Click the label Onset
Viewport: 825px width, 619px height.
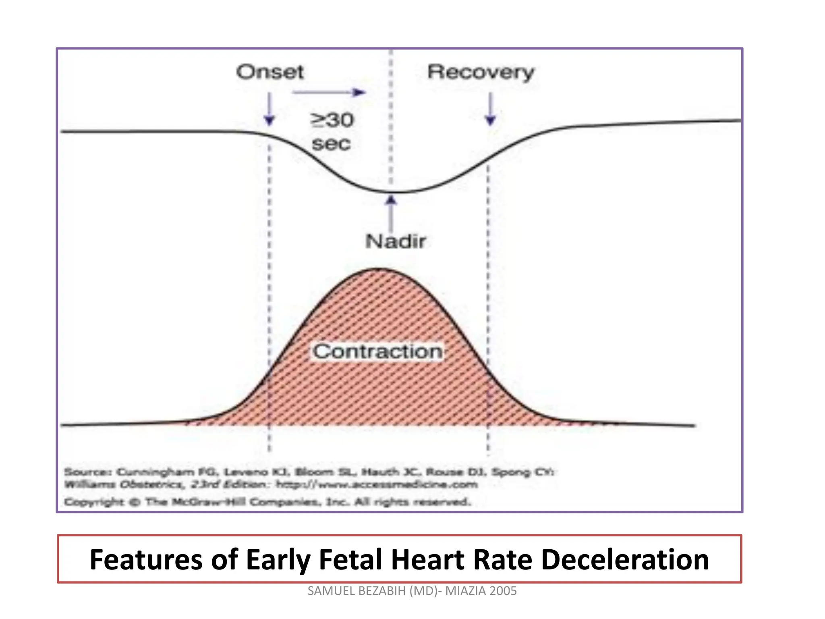point(269,73)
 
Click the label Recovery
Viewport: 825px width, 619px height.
point(480,73)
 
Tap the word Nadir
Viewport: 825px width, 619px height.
point(395,241)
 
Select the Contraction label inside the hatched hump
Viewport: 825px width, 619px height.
point(377,351)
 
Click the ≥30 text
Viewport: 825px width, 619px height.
point(332,120)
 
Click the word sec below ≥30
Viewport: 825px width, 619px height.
point(331,144)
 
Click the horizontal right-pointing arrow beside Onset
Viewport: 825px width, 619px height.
point(328,92)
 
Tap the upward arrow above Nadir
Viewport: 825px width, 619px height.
point(391,214)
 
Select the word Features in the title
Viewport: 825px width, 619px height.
point(146,560)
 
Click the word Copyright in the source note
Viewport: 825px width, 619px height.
point(94,502)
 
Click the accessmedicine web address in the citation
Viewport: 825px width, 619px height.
point(377,484)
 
